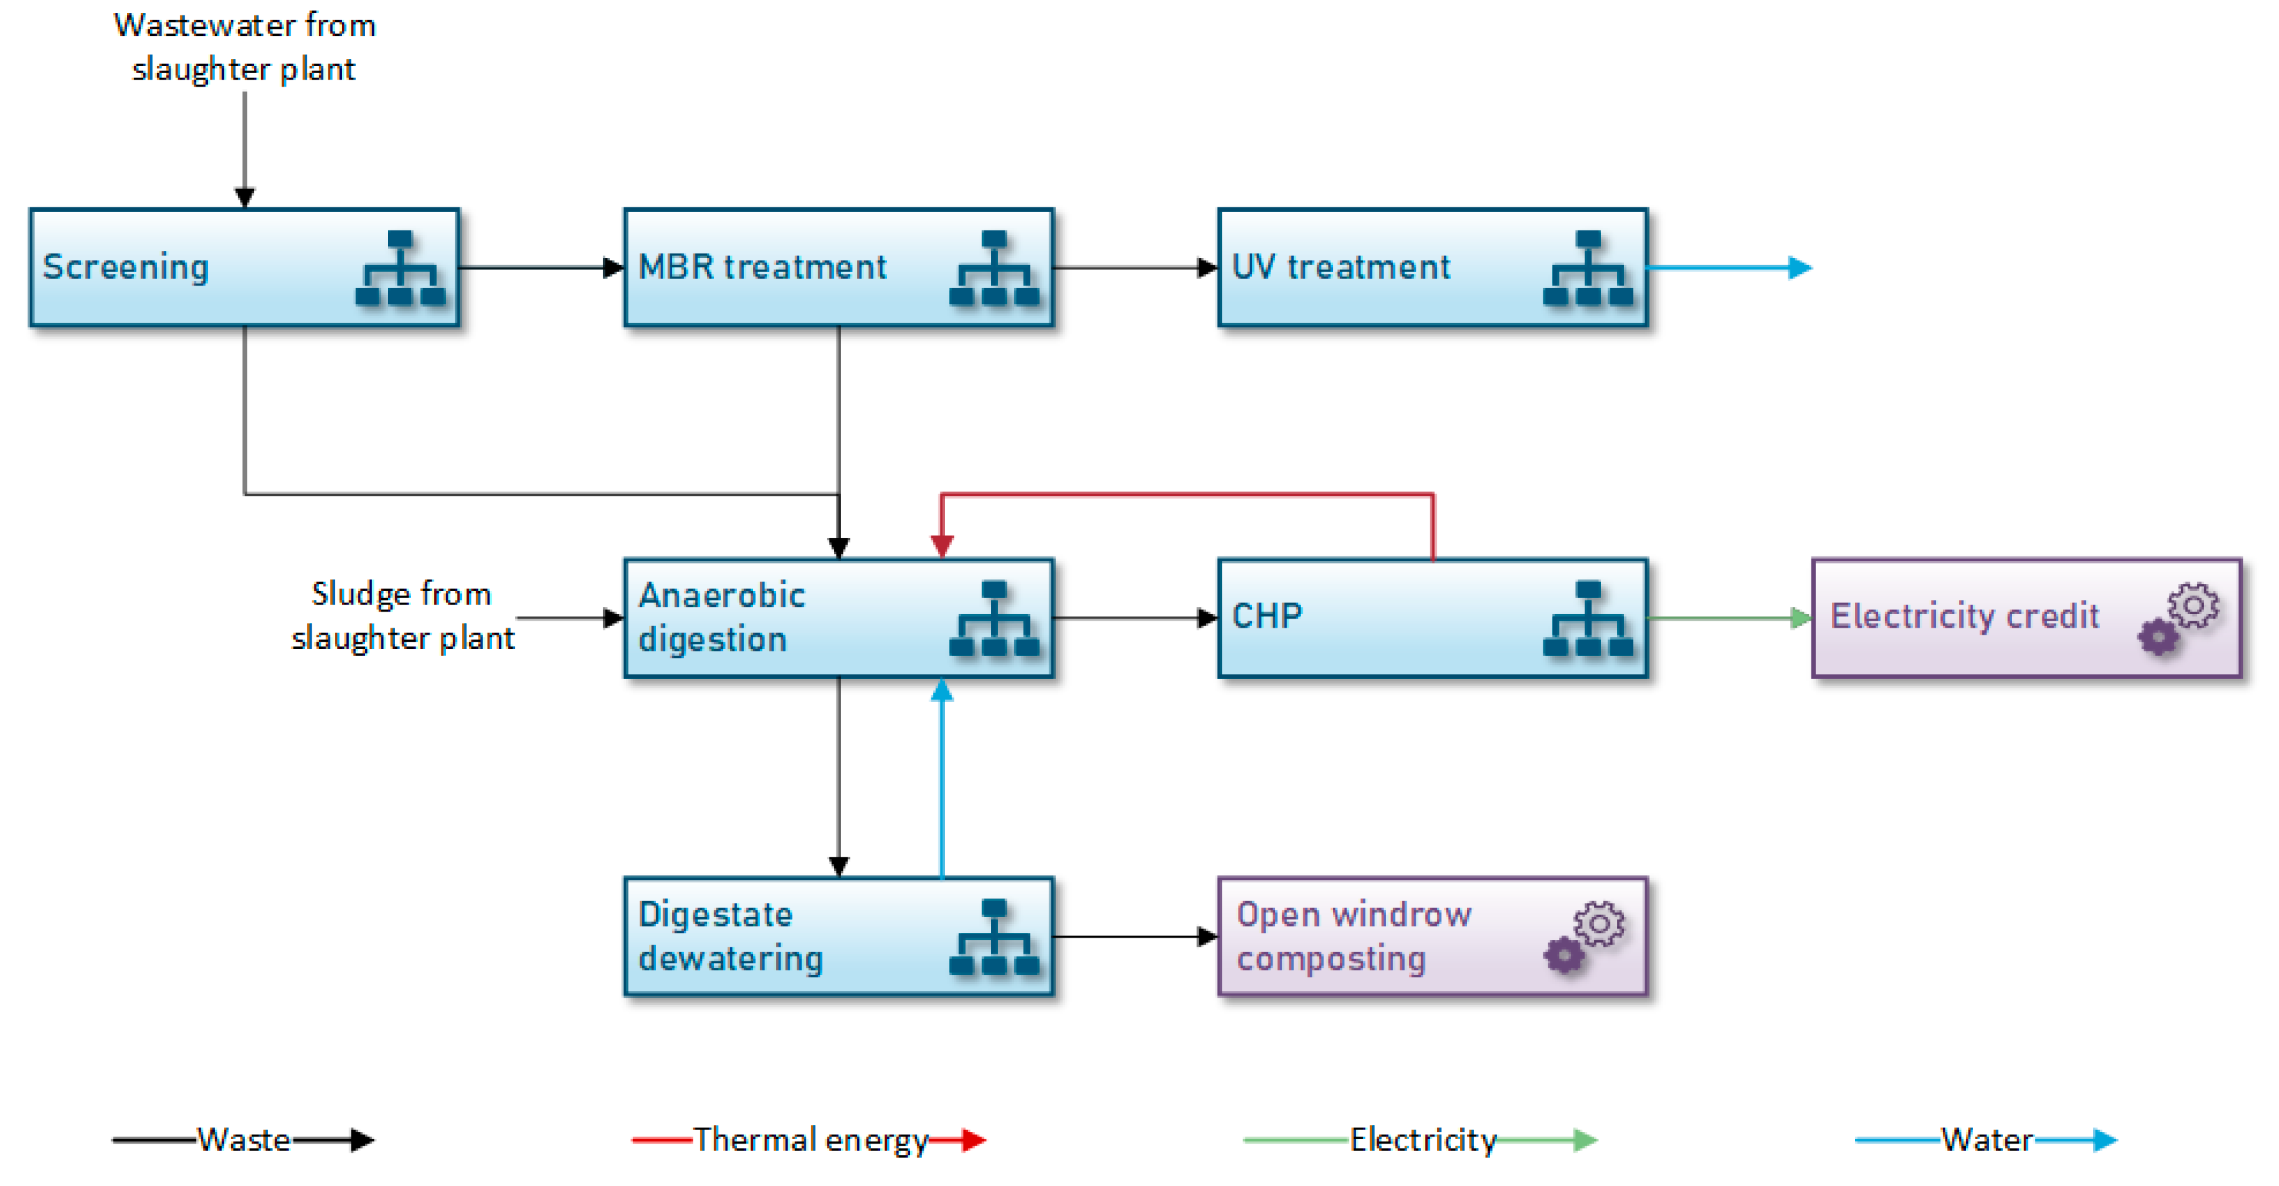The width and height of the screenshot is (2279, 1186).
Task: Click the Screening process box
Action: pyautogui.click(x=244, y=267)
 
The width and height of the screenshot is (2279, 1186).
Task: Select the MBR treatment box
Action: pyautogui.click(x=839, y=267)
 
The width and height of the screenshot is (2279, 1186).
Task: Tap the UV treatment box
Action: pyautogui.click(x=1433, y=267)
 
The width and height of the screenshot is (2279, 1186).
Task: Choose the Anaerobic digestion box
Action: pyautogui.click(x=839, y=618)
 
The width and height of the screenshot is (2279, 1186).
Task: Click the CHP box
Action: pyautogui.click(x=1433, y=618)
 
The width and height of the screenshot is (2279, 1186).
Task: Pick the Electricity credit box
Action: pyautogui.click(x=2027, y=618)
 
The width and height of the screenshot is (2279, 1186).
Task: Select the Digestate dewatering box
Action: pyautogui.click(x=839, y=936)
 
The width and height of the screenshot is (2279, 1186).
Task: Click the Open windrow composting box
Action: pyautogui.click(x=1433, y=936)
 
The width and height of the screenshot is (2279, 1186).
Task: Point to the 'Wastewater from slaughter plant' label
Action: pyautogui.click(x=244, y=47)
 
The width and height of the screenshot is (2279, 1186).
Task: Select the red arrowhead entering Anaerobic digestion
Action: pyautogui.click(x=942, y=546)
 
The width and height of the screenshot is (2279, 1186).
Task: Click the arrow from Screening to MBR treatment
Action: pyautogui.click(x=542, y=267)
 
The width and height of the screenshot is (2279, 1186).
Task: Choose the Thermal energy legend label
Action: pyautogui.click(x=810, y=1139)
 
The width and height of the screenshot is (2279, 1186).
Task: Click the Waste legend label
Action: pyautogui.click(x=243, y=1139)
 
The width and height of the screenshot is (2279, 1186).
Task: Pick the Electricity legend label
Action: pyautogui.click(x=1423, y=1139)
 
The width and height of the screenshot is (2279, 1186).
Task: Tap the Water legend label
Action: pyautogui.click(x=1987, y=1139)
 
